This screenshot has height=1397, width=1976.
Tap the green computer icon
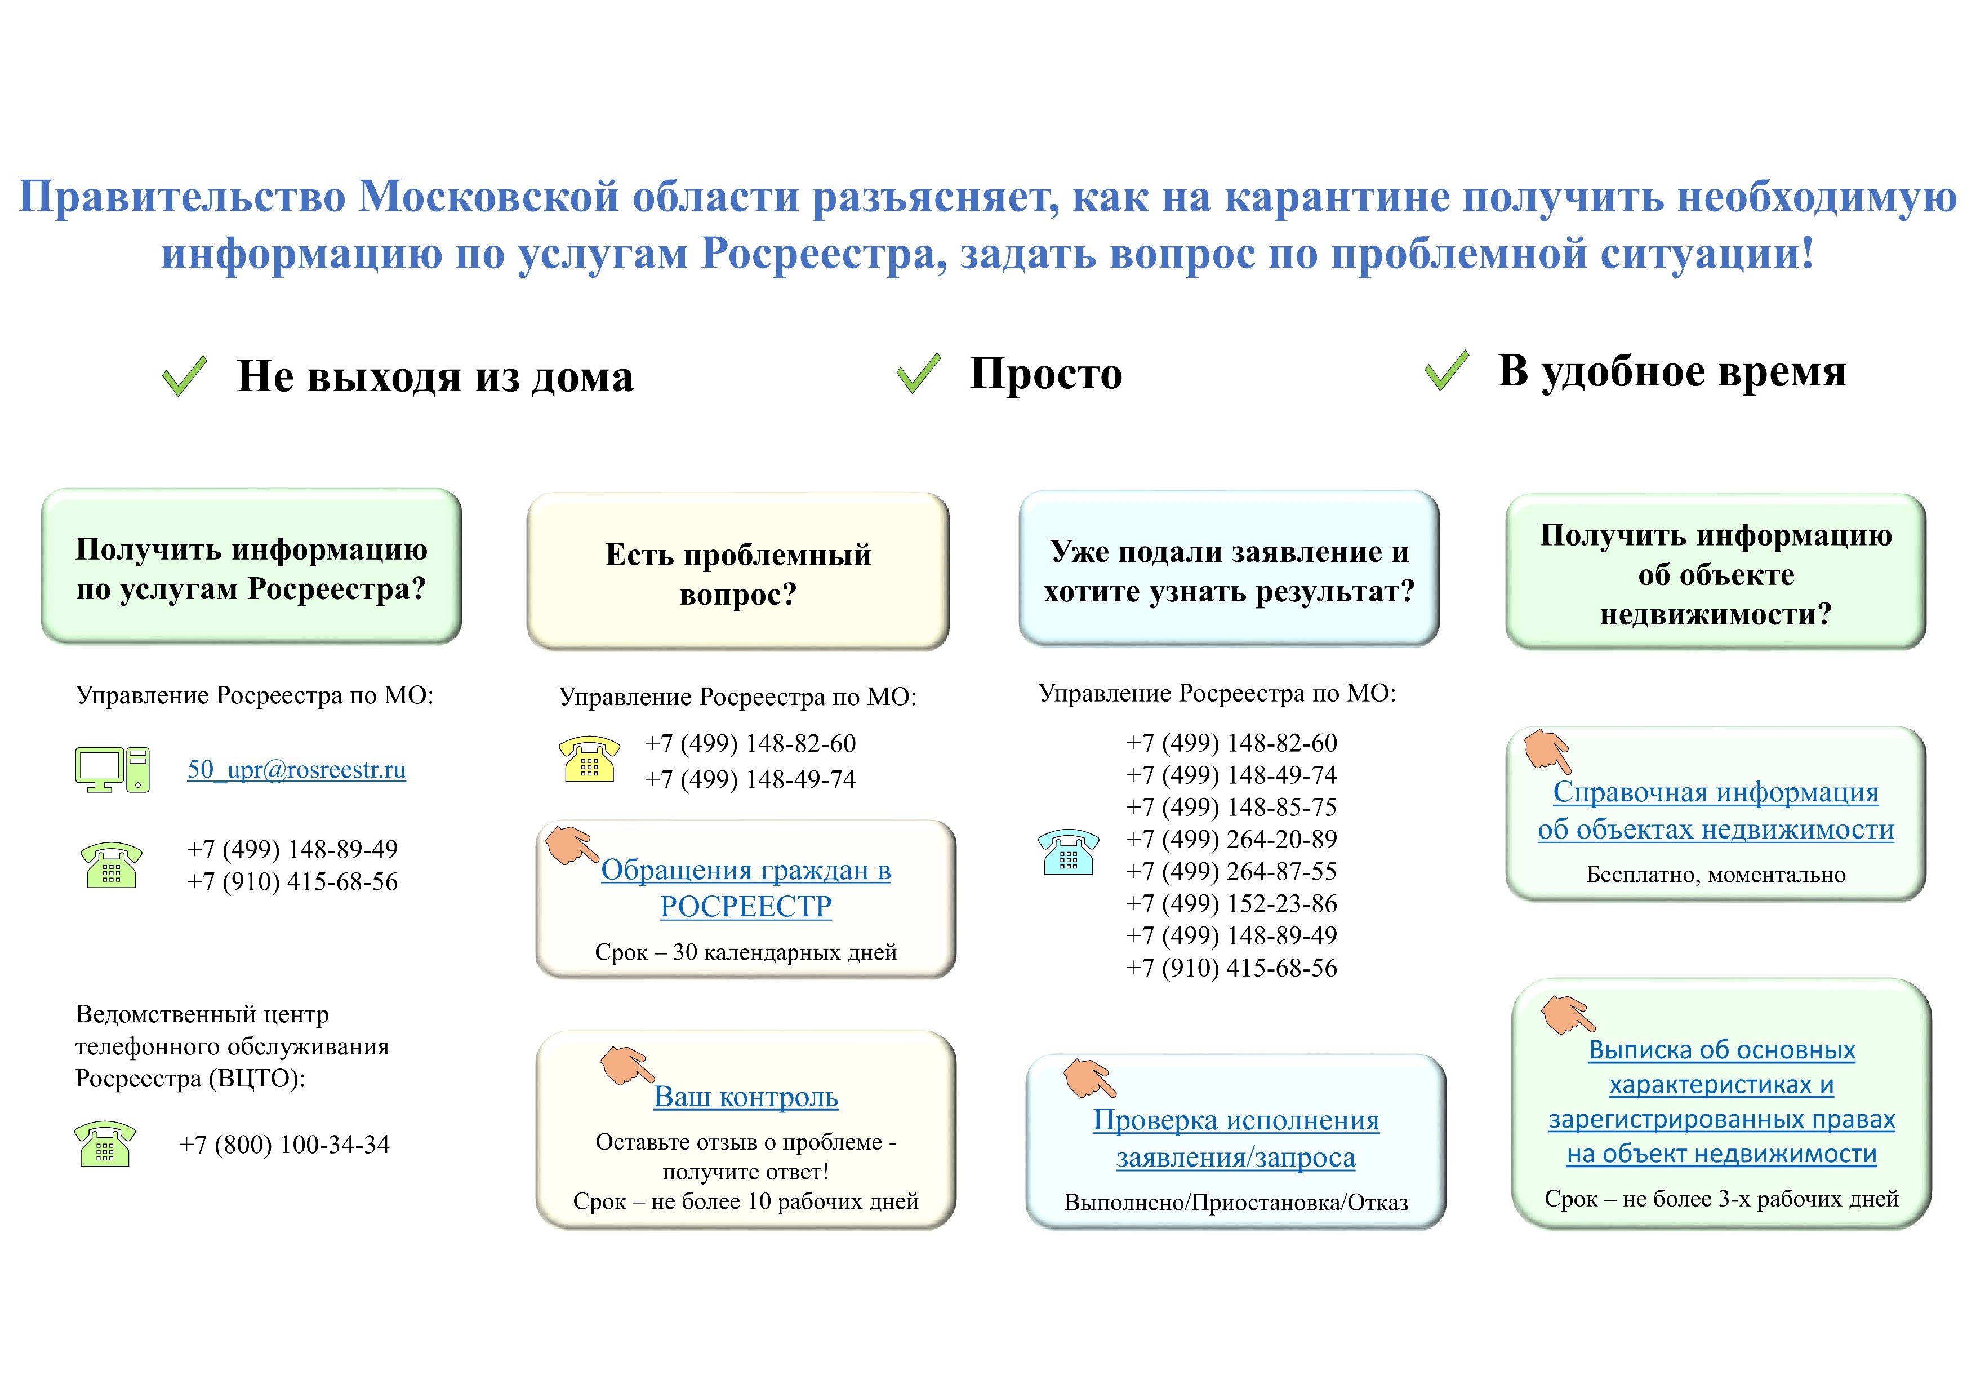(x=112, y=769)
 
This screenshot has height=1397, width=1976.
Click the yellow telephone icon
(x=590, y=759)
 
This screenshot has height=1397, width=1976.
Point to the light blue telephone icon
(x=1068, y=852)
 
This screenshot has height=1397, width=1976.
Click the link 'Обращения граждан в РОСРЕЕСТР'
(x=745, y=888)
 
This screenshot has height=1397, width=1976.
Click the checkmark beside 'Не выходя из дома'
(x=184, y=376)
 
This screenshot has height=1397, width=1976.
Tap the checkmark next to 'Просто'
(x=918, y=374)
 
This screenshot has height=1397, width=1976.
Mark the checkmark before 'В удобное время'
(x=1447, y=371)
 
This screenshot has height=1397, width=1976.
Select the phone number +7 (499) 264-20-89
(x=1231, y=839)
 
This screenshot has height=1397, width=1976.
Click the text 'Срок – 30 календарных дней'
(x=745, y=952)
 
